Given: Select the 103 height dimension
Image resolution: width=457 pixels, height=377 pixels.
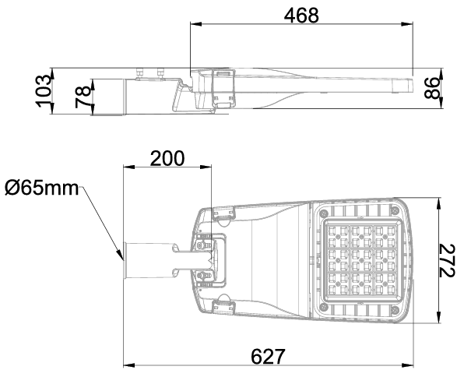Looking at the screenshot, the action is (43, 90).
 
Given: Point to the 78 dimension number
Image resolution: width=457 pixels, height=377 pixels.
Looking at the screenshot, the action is (83, 97).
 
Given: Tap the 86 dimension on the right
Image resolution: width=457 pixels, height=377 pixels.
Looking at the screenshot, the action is (431, 88).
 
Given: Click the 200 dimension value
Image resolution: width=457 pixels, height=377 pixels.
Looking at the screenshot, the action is (167, 158).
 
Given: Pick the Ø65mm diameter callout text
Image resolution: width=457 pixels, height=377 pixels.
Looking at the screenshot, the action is (42, 188).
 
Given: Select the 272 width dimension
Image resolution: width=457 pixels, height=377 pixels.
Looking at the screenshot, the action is (447, 260).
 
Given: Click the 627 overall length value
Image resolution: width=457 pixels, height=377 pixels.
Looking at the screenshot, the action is (268, 356).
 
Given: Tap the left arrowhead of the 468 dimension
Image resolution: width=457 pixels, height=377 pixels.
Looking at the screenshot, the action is (196, 24).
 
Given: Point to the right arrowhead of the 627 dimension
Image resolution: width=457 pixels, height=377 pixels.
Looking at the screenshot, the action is (407, 365).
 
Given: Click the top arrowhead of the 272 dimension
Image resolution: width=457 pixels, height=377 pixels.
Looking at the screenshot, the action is (438, 204).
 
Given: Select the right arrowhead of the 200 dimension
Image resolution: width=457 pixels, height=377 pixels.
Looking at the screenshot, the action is (206, 167).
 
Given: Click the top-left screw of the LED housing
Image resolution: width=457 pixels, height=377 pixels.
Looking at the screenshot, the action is (324, 213).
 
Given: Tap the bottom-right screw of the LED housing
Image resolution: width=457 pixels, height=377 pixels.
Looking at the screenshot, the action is (395, 309).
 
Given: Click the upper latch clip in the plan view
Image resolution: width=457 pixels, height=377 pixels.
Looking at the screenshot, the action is (224, 213).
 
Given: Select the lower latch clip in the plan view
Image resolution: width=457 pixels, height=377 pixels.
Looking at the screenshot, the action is (224, 308).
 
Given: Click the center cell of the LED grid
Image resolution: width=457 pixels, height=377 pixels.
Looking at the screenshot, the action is (361, 259).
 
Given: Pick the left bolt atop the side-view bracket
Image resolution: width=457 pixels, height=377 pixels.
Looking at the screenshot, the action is (140, 72).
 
